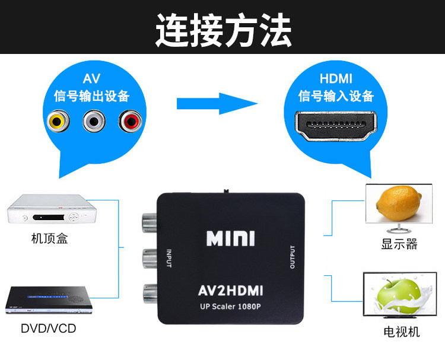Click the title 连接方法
pyautogui.click(x=223, y=29)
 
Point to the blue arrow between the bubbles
pyautogui.click(x=217, y=102)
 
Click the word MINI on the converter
pyautogui.click(x=230, y=238)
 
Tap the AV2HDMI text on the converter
pyautogui.click(x=230, y=290)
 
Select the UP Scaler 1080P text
pyautogui.click(x=230, y=306)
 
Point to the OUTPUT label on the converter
pyautogui.click(x=293, y=257)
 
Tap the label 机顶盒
pyautogui.click(x=49, y=240)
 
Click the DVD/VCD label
pyautogui.click(x=49, y=328)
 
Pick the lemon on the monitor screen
pyautogui.click(x=396, y=202)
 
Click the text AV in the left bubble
pyautogui.click(x=91, y=79)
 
